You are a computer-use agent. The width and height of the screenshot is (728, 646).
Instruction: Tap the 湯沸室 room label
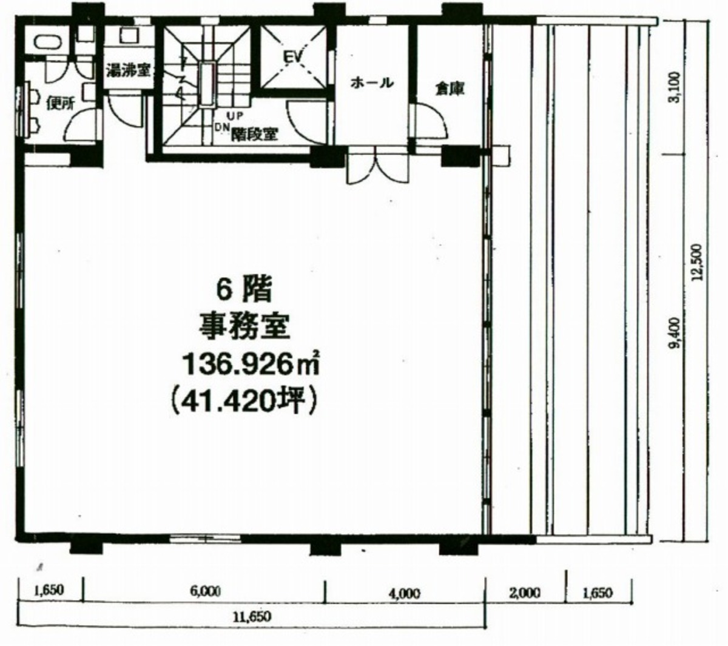click(x=127, y=70)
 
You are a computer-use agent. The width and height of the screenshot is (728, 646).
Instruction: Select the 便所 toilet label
click(x=60, y=104)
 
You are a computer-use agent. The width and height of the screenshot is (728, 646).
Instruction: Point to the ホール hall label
click(x=372, y=83)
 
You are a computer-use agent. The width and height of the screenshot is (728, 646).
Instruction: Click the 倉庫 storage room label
click(x=450, y=88)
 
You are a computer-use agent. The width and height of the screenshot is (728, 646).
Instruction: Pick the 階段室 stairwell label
click(x=254, y=135)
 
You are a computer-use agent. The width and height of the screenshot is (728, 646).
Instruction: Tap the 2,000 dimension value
click(x=525, y=593)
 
